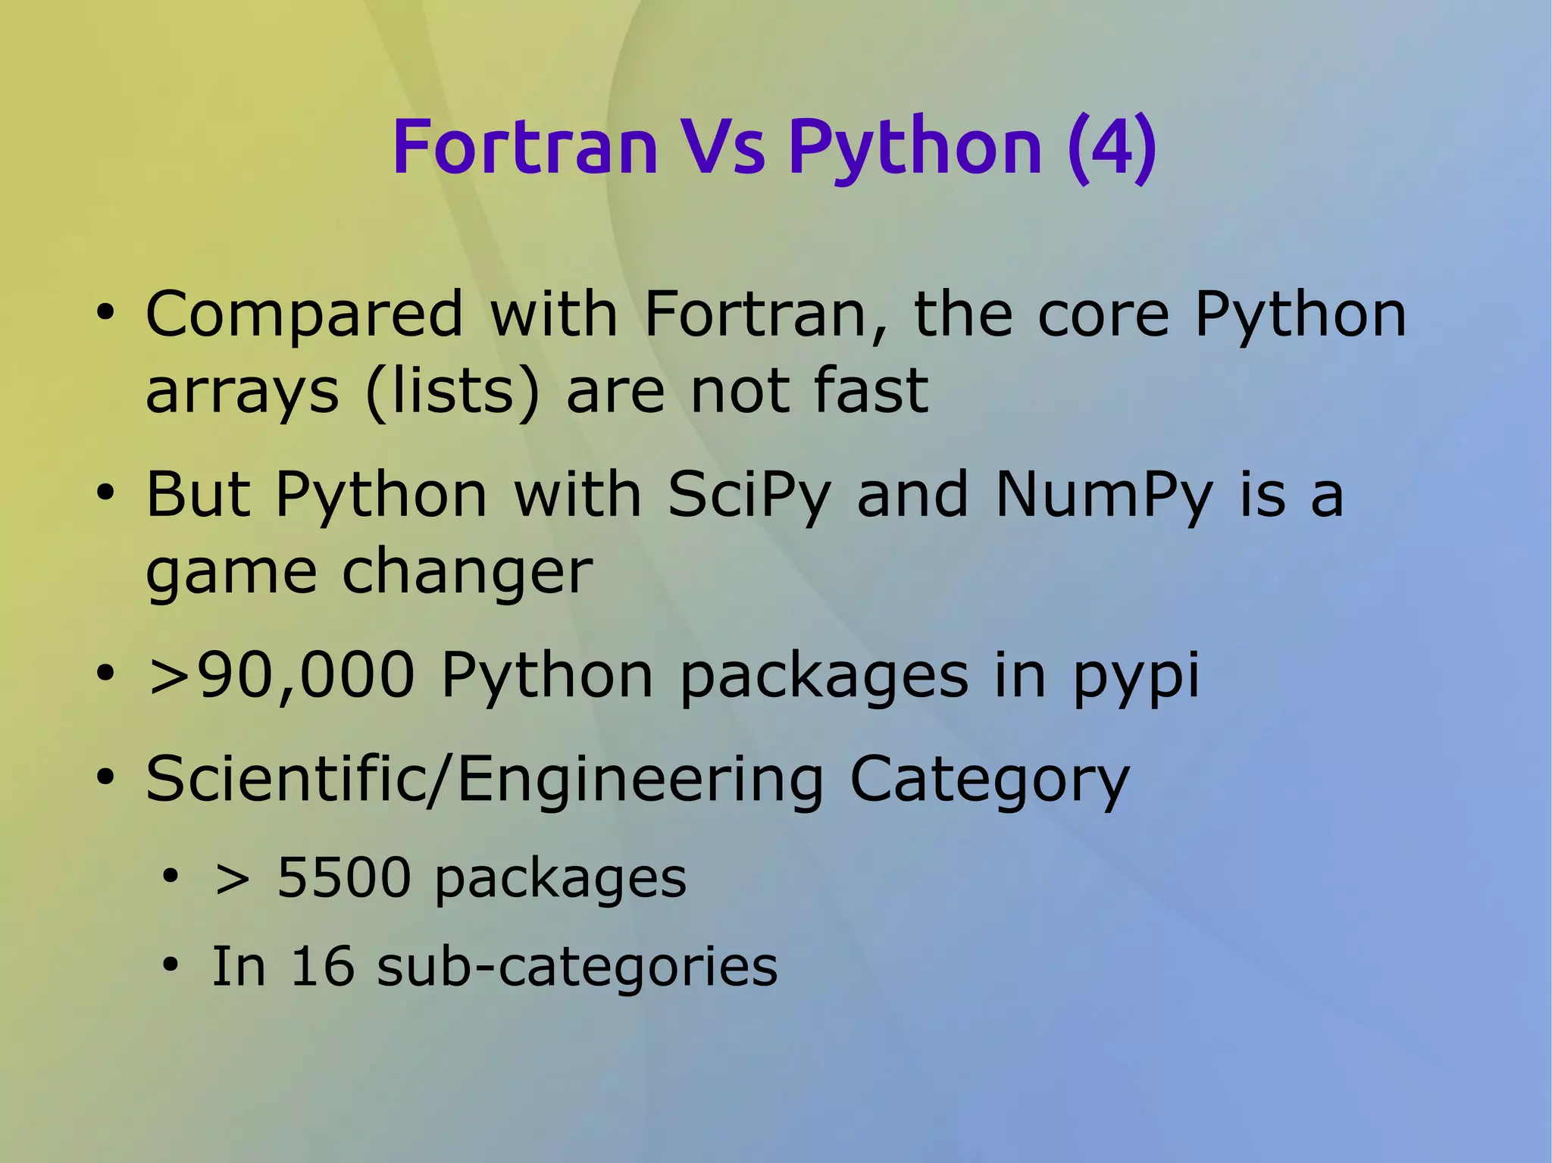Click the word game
click(230, 572)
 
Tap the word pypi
click(1136, 677)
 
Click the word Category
click(989, 780)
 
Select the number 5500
click(343, 878)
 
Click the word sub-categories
click(577, 968)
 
